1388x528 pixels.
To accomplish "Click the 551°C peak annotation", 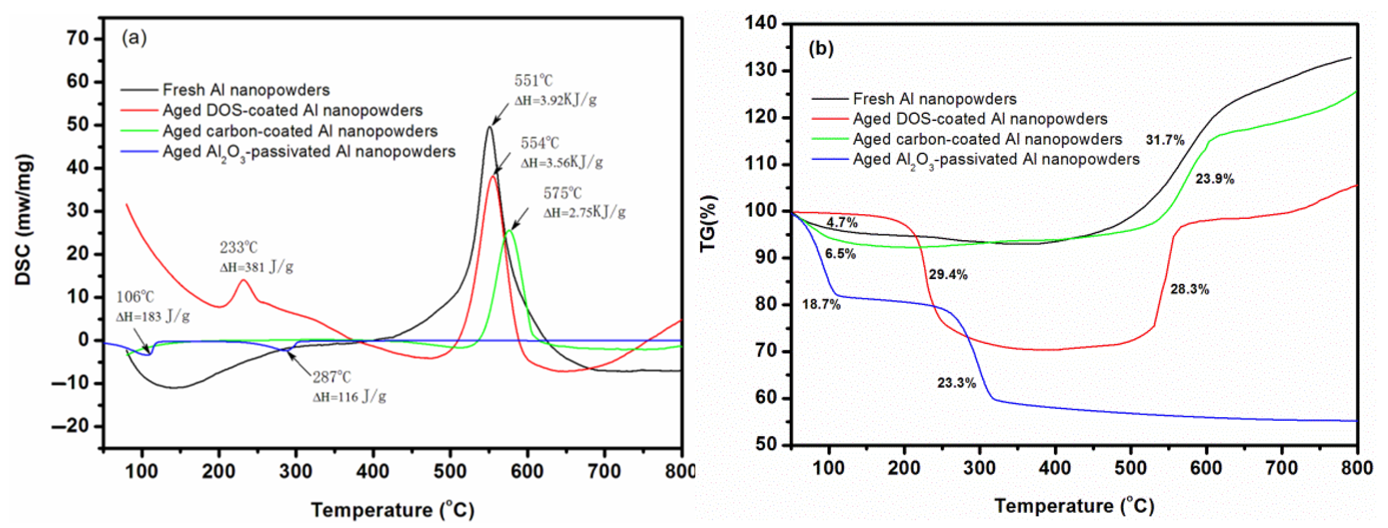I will (x=533, y=81).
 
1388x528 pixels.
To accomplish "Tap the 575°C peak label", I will (x=562, y=193).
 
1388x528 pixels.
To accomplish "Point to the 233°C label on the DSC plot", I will (x=238, y=248).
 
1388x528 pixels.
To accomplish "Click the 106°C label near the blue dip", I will (x=135, y=297).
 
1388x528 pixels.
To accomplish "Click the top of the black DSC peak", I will (x=489, y=127).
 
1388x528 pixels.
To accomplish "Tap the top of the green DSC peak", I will (x=510, y=231).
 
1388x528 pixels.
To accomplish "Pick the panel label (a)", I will (x=134, y=38).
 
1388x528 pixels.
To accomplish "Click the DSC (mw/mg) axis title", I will (x=24, y=220).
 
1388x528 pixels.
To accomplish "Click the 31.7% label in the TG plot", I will (x=1165, y=141).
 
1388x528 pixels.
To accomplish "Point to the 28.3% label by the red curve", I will (x=1189, y=290).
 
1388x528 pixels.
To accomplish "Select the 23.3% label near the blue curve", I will (x=956, y=383).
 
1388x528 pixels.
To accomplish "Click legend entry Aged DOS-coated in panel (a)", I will (x=292, y=110).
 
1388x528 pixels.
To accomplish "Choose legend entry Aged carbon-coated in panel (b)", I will (x=987, y=139).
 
